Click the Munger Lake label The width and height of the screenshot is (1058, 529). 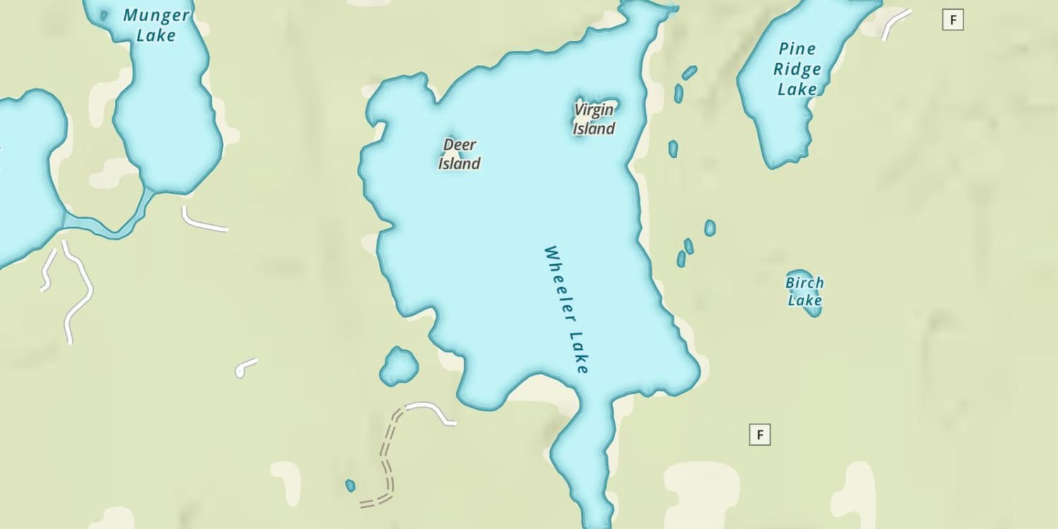156,25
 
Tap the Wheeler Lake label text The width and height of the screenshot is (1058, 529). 566,310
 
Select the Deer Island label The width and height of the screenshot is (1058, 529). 460,154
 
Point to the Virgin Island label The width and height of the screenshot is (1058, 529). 594,119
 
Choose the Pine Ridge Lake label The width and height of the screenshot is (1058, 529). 798,69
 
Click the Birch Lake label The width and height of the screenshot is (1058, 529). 805,291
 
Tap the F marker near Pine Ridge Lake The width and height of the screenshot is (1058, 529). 953,20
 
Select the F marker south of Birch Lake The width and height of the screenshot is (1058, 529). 760,434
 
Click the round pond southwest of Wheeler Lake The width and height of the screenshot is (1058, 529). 399,367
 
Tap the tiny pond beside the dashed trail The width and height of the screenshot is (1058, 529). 350,485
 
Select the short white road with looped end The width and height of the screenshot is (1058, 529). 245,367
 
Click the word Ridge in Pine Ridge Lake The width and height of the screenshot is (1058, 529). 797,69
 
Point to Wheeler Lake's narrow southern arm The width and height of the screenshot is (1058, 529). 585,458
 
